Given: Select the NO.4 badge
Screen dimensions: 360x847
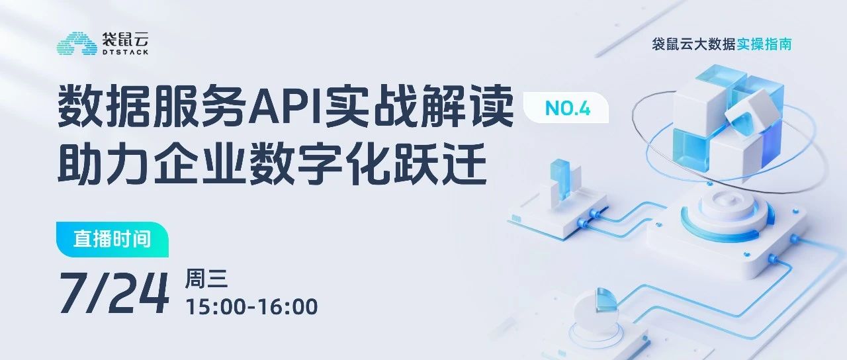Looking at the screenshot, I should [566, 109].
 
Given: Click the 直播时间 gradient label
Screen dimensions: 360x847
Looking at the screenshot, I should [112, 239].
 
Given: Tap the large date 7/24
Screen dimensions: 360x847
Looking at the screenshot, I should [114, 292].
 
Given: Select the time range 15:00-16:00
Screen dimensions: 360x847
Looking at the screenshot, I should [252, 307].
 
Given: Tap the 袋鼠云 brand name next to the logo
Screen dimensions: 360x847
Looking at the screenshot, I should [124, 38].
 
